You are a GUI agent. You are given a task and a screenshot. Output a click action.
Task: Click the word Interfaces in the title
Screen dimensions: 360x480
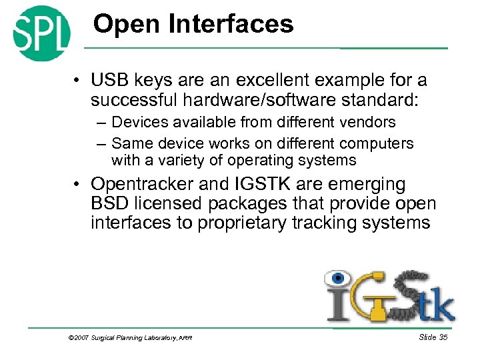pos(231,25)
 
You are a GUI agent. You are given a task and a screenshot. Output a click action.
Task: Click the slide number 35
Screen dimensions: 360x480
pos(441,338)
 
